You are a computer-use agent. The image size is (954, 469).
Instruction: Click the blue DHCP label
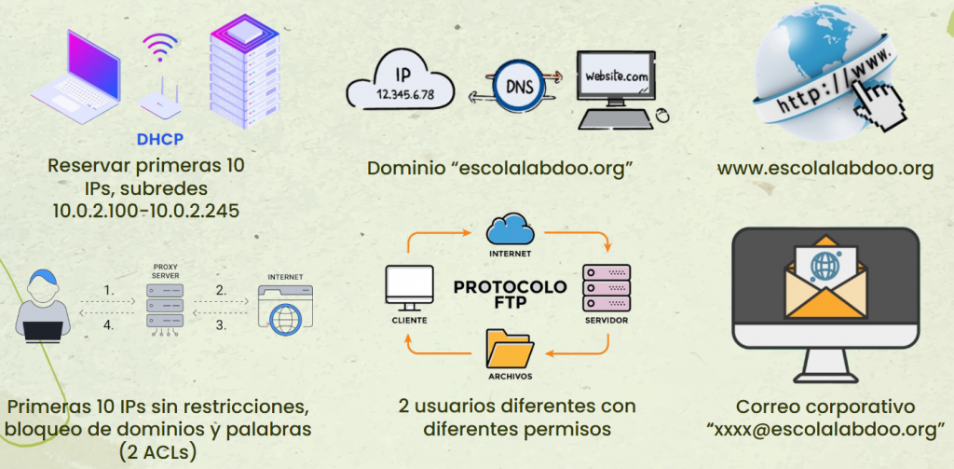point(160,140)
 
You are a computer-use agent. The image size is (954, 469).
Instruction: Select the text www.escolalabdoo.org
point(825,169)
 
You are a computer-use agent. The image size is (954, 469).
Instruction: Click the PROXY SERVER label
point(165,270)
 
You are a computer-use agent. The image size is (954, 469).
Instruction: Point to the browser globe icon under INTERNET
point(284,315)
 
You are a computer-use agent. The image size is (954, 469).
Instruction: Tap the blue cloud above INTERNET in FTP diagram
point(509,229)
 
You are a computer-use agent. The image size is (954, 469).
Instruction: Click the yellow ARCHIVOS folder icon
point(510,350)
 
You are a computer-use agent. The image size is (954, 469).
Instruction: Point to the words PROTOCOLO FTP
point(510,294)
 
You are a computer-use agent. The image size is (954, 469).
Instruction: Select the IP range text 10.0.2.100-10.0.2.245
point(146,211)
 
